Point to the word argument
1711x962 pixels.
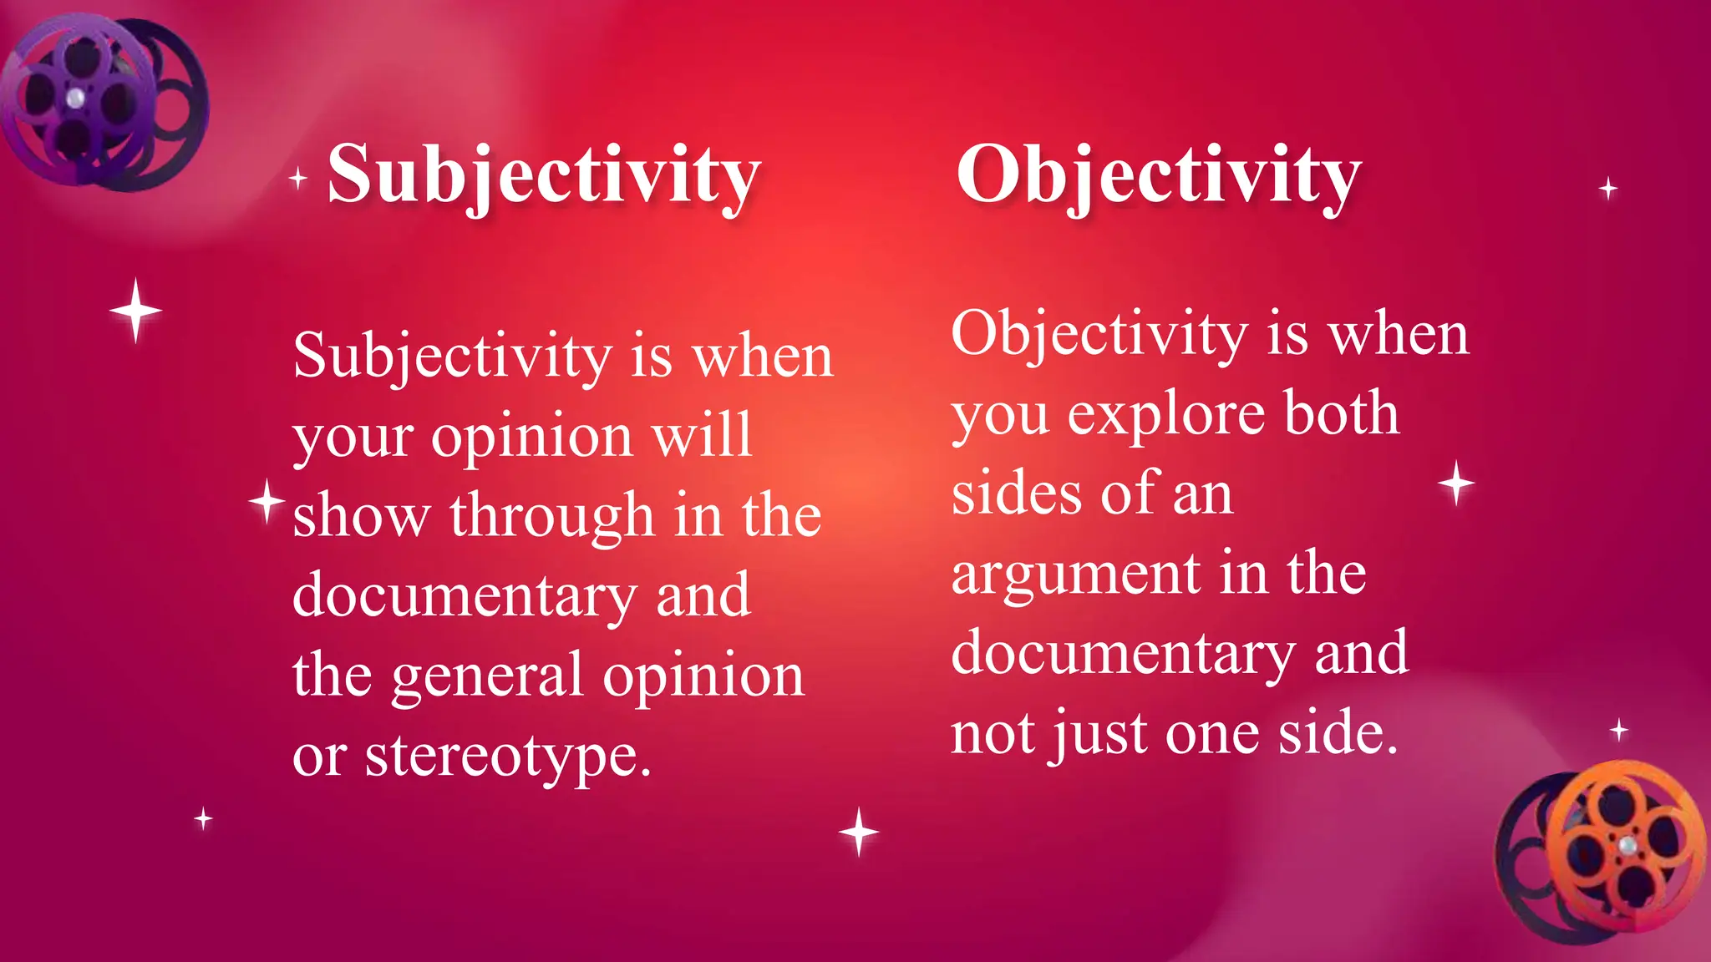click(1076, 575)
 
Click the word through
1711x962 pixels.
click(551, 515)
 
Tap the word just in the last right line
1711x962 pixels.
click(1098, 734)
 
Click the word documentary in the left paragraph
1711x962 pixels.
click(465, 596)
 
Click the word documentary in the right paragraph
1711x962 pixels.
click(1123, 653)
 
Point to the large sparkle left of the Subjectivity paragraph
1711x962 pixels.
click(135, 311)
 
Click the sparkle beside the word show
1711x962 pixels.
click(267, 502)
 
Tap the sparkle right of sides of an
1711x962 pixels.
click(1456, 483)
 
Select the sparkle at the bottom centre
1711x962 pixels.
click(859, 832)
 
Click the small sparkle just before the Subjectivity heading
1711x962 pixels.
click(298, 178)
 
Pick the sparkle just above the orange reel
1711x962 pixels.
click(1619, 731)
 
